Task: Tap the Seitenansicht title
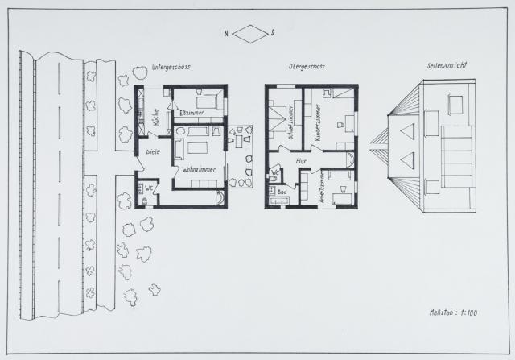click(x=449, y=66)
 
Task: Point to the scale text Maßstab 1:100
click(x=454, y=311)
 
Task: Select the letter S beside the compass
click(x=274, y=33)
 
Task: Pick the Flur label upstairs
click(x=302, y=161)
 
